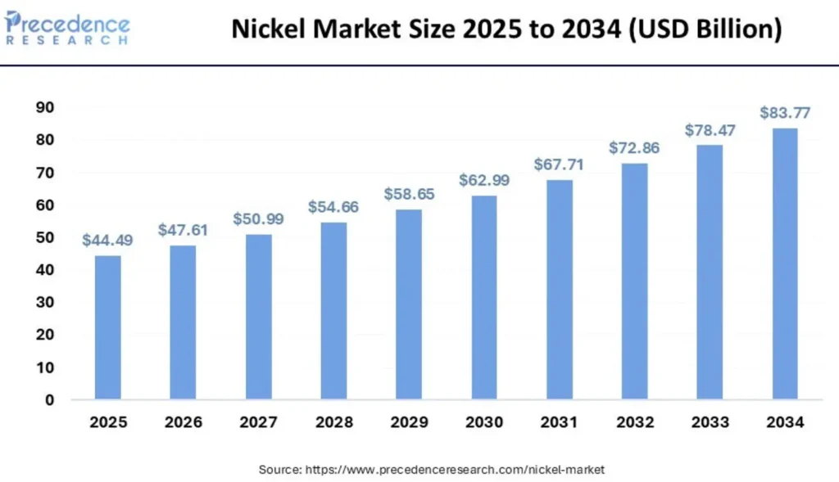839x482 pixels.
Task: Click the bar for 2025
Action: click(107, 327)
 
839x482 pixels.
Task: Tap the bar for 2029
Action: click(408, 304)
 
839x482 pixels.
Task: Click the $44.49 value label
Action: click(107, 241)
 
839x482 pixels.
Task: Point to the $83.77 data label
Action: click(784, 112)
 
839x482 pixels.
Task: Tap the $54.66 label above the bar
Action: click(333, 207)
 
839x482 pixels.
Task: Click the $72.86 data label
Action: click(633, 148)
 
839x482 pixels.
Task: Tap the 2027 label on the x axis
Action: click(258, 423)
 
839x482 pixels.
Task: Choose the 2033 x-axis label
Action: click(709, 423)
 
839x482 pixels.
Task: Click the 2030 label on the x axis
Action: click(483, 423)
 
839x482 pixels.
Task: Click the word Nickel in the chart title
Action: click(268, 29)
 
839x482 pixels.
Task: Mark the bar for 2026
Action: click(183, 322)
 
